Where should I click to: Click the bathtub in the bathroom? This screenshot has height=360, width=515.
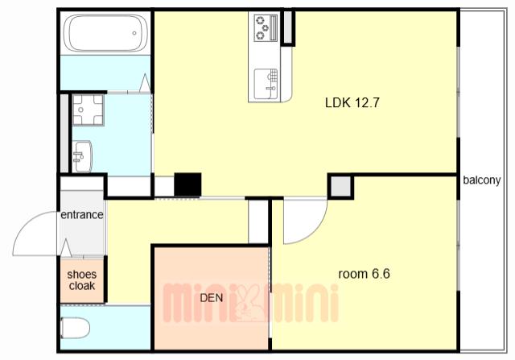point(105,33)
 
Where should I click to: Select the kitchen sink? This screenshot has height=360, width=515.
point(266,84)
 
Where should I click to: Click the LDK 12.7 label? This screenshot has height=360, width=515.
point(352,103)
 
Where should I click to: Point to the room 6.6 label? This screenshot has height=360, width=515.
point(364,274)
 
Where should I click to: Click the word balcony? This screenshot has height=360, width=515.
point(482,180)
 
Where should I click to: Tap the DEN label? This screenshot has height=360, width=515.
point(212,298)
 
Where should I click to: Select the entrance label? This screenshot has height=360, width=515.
point(82,215)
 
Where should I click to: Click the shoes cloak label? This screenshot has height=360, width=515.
point(82,280)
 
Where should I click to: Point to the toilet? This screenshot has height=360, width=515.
point(75,328)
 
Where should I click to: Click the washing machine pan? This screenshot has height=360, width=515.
point(88,110)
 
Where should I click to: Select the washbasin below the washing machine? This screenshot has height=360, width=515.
point(82,156)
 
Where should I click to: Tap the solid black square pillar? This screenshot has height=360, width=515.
point(187,184)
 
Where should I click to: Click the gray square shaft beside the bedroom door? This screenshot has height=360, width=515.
point(340,186)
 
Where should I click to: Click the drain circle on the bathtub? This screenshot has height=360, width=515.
point(134,33)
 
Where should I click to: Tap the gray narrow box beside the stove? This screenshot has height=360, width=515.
point(288,27)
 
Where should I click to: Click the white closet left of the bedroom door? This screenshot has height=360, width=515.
point(258,221)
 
